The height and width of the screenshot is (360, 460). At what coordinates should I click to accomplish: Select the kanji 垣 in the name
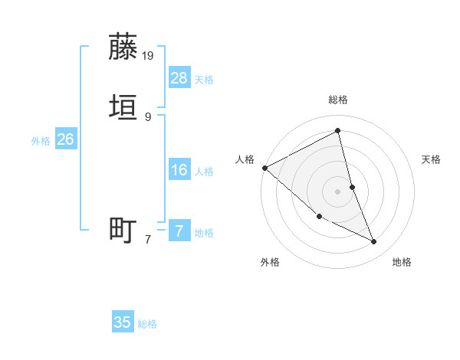coord(123,107)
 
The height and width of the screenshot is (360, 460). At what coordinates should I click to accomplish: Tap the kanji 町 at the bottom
coord(123,230)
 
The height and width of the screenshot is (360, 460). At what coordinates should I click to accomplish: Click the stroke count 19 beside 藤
coord(149,55)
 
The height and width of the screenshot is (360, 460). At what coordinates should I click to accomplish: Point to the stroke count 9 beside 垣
coord(148,116)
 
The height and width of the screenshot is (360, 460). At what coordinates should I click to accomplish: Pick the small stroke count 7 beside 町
coord(148,240)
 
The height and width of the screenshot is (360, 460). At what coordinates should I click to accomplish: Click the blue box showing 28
coord(179,77)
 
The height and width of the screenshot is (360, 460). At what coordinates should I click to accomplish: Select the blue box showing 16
coord(179,169)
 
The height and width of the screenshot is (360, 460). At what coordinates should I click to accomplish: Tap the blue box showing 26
coord(65,139)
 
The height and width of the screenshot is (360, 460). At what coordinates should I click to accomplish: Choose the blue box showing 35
coord(123,322)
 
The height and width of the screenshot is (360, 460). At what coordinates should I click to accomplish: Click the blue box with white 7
coord(179,231)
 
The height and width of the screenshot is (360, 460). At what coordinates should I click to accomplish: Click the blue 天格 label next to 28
coord(204,80)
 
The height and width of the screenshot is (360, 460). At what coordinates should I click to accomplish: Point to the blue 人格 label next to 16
coord(204,172)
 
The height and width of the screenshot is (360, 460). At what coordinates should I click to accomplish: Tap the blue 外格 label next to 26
coord(41,141)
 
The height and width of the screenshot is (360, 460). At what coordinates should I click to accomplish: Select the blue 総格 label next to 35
coord(147,325)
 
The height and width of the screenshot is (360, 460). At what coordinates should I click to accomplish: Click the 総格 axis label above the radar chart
coord(338,100)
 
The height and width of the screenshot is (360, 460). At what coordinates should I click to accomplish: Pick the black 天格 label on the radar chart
coord(432,159)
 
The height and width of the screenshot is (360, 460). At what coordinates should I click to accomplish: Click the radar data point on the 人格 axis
coord(264,168)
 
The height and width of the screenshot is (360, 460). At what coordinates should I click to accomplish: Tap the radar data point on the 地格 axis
coord(374,242)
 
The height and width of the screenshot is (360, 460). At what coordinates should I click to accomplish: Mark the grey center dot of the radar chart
coord(338,191)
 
